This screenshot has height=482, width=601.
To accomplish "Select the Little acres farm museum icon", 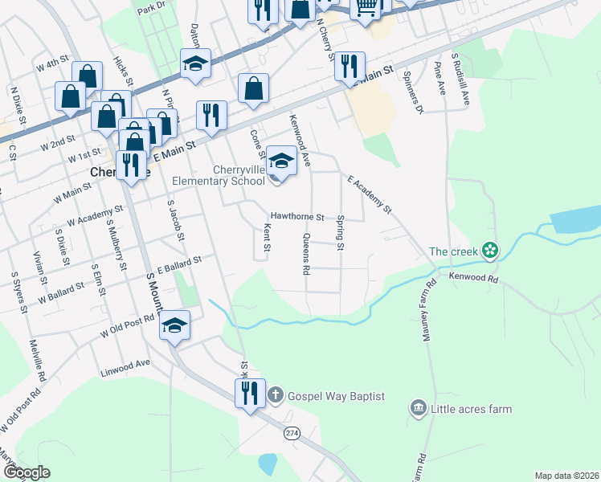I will tap(418, 409).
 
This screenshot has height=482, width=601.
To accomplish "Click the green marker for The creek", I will tap(489, 251).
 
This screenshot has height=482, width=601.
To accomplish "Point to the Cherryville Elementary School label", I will tap(239, 175).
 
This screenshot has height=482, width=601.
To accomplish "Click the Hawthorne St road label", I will tap(296, 217).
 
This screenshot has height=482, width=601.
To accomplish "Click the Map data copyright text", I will tap(566, 476).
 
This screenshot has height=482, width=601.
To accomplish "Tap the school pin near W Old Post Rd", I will tap(174, 326).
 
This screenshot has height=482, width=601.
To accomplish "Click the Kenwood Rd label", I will tap(474, 277).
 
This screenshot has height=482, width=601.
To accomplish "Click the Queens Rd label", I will tap(305, 255).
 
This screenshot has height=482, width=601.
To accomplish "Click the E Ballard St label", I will tap(178, 263).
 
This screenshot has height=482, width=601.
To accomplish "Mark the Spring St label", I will tap(341, 232).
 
